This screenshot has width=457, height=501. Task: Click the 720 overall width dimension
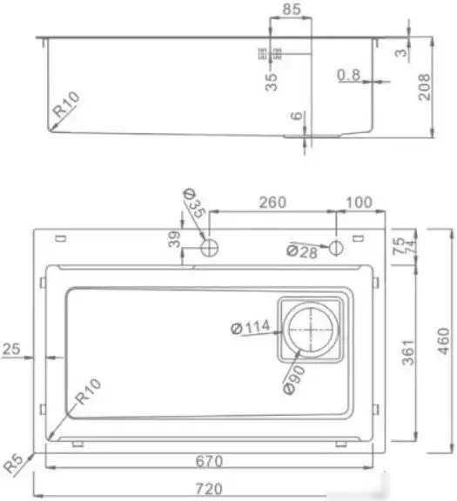click(208, 490)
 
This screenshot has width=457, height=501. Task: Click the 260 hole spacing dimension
click(272, 203)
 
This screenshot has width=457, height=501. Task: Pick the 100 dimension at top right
click(359, 203)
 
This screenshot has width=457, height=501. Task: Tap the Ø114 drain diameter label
click(252, 328)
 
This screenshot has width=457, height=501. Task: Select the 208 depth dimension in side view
click(425, 85)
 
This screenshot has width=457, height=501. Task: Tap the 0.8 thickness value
click(348, 77)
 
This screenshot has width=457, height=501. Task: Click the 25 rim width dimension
click(11, 350)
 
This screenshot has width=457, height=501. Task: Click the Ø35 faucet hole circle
click(209, 249)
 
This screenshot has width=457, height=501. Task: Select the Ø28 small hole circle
click(336, 248)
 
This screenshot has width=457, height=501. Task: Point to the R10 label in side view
click(66, 110)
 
